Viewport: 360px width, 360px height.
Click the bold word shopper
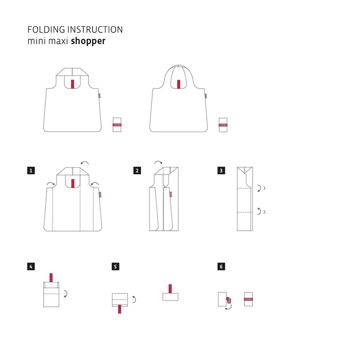click(x=88, y=41)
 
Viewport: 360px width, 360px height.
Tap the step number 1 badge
click(x=31, y=170)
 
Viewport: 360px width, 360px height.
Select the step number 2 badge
click(x=137, y=170)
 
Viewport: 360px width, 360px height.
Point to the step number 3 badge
click(x=221, y=170)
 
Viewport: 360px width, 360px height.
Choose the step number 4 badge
click(x=31, y=267)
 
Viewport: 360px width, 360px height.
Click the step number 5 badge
click(x=116, y=267)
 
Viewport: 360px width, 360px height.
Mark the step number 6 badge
click(x=221, y=267)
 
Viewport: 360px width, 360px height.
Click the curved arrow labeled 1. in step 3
click(x=259, y=188)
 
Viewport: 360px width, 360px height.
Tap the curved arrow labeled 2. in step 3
click(x=259, y=211)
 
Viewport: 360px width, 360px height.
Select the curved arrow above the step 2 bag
click(x=158, y=163)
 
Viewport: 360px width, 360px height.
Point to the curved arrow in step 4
click(x=65, y=294)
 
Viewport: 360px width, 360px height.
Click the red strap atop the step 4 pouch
click(x=51, y=278)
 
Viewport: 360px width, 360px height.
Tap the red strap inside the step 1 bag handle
click(x=73, y=184)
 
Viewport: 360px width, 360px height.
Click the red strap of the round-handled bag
click(x=179, y=84)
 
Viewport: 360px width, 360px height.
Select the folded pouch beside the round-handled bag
click(x=223, y=124)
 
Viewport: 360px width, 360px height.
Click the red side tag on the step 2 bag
click(x=170, y=194)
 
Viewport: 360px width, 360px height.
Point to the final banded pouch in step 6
click(x=248, y=299)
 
